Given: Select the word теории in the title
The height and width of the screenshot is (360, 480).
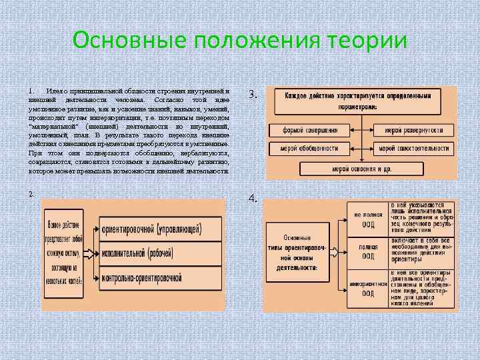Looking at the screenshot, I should (366, 39).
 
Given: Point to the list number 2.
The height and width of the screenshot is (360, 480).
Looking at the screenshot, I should (32, 193).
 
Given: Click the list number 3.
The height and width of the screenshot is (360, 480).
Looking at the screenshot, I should (253, 95).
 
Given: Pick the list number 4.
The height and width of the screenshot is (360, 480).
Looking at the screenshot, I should (253, 199).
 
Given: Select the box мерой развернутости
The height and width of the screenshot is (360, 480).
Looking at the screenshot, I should (415, 130).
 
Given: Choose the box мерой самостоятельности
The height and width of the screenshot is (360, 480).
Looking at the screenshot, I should (415, 148).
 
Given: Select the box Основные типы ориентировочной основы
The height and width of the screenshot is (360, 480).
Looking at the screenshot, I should (296, 253).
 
